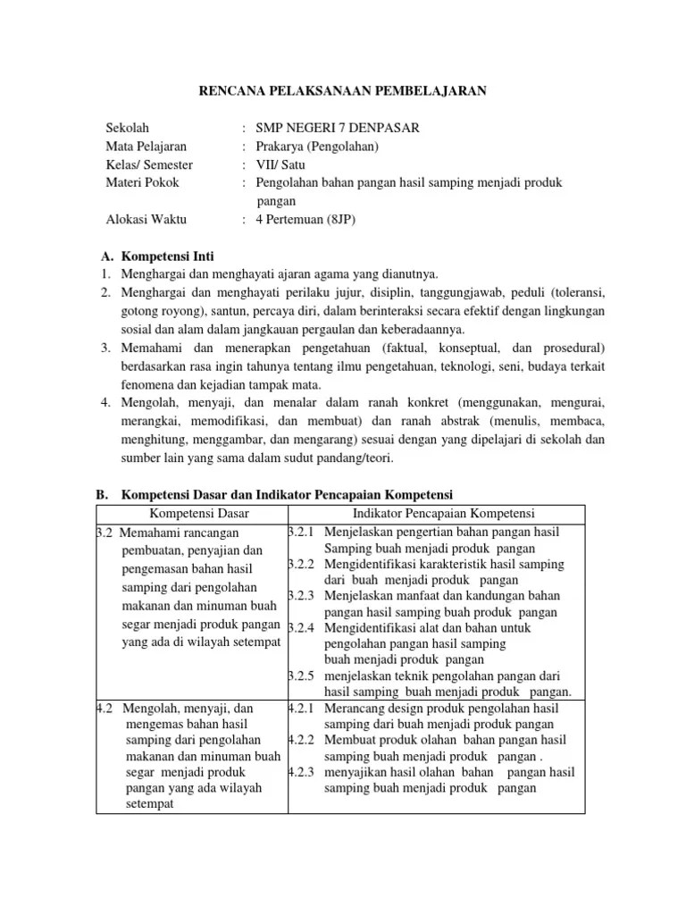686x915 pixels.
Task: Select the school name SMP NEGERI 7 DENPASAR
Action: pos(337,128)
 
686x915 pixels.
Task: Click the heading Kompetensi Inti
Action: pos(168,256)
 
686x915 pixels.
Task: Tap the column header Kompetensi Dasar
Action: pos(198,513)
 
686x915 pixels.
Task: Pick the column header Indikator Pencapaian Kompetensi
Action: pos(444,513)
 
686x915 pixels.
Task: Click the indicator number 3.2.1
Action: pos(303,532)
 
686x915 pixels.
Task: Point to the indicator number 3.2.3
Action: pos(303,596)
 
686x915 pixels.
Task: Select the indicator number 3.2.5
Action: pos(303,676)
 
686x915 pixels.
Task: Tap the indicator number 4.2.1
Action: pos(303,708)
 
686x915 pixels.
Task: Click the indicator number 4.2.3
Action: pos(303,772)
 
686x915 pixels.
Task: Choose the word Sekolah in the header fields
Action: pos(129,128)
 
